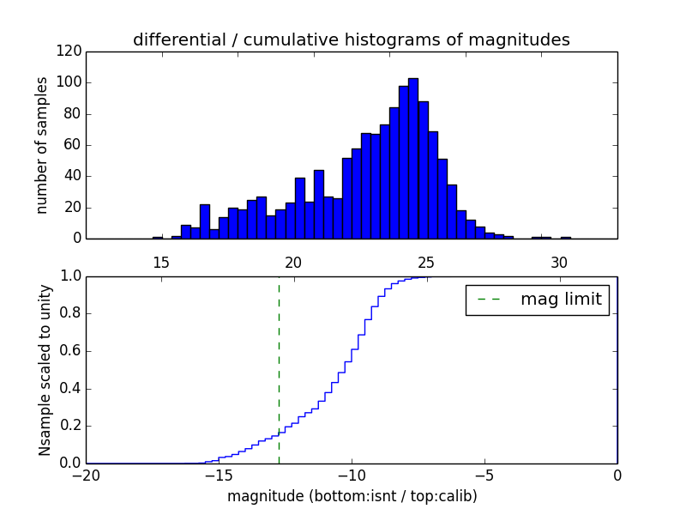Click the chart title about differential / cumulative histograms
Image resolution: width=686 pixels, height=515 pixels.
pos(351,39)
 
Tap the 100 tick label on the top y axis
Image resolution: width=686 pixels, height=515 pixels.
pos(72,83)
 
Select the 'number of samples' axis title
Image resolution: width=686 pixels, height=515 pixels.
pos(42,145)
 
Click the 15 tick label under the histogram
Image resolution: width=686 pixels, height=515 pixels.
pos(160,263)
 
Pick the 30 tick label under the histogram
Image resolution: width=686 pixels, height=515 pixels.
pos(559,263)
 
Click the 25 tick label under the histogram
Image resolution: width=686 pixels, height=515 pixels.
pos(426,263)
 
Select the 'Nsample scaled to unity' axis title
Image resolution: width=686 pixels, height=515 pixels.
pos(45,370)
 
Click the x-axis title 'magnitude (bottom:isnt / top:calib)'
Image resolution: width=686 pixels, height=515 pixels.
pos(352,496)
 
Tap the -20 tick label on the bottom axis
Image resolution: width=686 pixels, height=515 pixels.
pos(86,475)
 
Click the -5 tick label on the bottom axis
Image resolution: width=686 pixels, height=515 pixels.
pos(484,475)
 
